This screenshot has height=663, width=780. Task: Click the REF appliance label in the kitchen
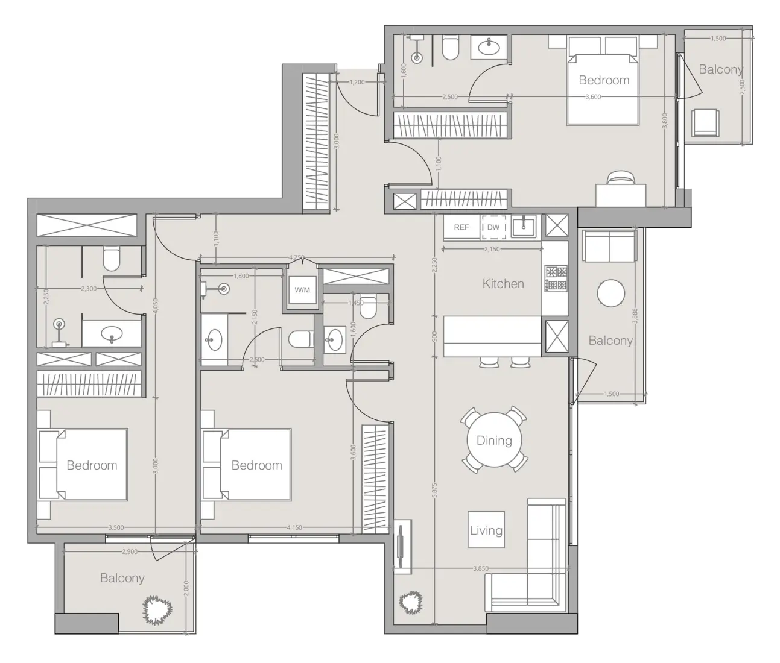[461, 227]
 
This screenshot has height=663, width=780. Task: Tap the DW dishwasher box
[493, 227]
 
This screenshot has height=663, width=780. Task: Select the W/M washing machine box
[302, 290]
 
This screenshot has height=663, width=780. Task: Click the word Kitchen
[503, 283]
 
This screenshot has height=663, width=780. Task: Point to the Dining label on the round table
[494, 441]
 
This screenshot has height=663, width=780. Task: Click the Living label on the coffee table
[486, 530]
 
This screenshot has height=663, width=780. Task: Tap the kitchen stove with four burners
[556, 278]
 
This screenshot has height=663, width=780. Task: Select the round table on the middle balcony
[610, 294]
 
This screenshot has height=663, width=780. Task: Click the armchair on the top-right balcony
[705, 123]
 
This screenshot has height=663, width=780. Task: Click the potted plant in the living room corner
[411, 601]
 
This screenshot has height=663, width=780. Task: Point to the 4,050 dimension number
[156, 307]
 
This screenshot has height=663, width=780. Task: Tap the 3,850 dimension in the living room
[481, 568]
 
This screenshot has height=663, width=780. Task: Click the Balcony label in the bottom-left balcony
[122, 578]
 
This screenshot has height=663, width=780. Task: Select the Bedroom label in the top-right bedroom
[604, 80]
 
